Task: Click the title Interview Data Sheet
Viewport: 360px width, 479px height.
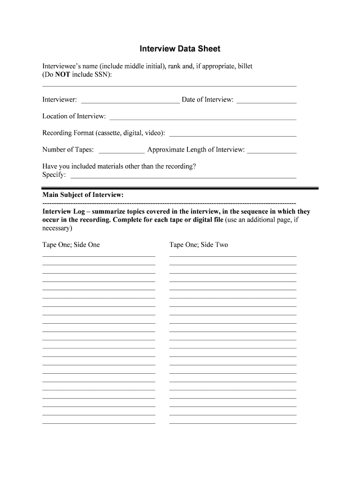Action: pyautogui.click(x=180, y=49)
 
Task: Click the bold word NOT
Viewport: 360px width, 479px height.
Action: pyautogui.click(x=63, y=75)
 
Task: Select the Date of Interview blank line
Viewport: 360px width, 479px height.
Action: pyautogui.click(x=266, y=102)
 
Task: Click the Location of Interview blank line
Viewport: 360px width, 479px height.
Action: pyautogui.click(x=202, y=119)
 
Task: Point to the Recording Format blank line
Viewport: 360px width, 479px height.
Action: pyautogui.click(x=232, y=136)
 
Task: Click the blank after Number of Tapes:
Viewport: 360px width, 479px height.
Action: pyautogui.click(x=122, y=152)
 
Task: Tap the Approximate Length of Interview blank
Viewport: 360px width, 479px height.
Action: pyautogui.click(x=272, y=152)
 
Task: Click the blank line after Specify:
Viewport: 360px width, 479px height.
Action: pyautogui.click(x=183, y=178)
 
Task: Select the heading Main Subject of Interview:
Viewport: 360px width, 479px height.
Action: pyautogui.click(x=83, y=195)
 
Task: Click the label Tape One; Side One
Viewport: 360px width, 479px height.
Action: pyautogui.click(x=71, y=245)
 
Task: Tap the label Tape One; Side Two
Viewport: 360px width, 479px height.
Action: pyautogui.click(x=199, y=245)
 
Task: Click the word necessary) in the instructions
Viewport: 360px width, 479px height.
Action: pyautogui.click(x=58, y=228)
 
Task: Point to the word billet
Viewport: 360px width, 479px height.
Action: pyautogui.click(x=245, y=66)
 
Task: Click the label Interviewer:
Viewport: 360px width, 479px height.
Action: pyautogui.click(x=60, y=100)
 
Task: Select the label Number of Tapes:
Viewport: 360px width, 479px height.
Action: pyautogui.click(x=68, y=150)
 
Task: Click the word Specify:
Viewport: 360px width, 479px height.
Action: pyautogui.click(x=54, y=175)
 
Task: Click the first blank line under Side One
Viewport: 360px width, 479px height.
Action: pyautogui.click(x=99, y=256)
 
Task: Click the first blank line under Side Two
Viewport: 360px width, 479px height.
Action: pyautogui.click(x=233, y=256)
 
